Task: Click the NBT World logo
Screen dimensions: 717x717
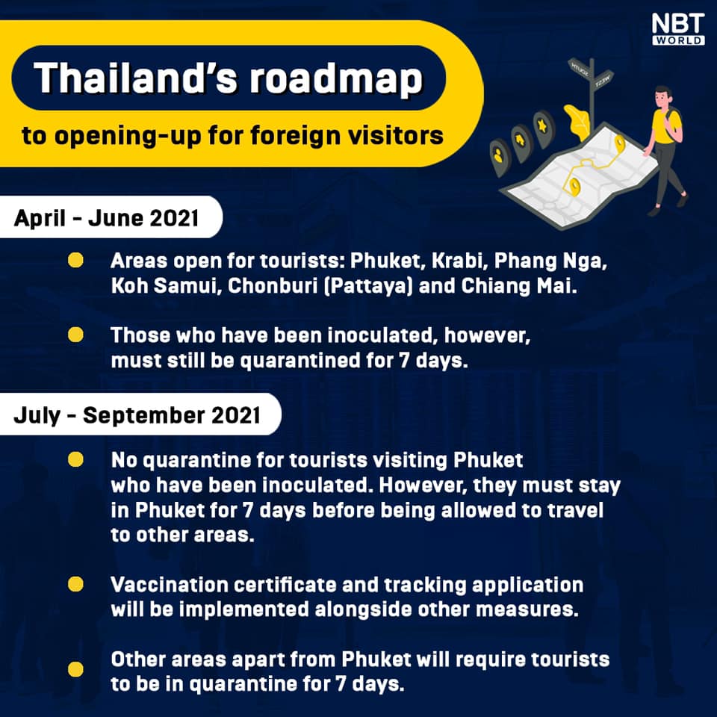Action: [677, 28]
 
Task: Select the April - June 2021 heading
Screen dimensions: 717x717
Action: [106, 220]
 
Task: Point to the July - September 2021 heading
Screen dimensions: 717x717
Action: [137, 415]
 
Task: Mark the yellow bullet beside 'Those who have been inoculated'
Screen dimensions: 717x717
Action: [75, 335]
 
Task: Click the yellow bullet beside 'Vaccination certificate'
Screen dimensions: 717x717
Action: [75, 584]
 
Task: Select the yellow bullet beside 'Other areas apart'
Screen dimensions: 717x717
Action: [75, 668]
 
